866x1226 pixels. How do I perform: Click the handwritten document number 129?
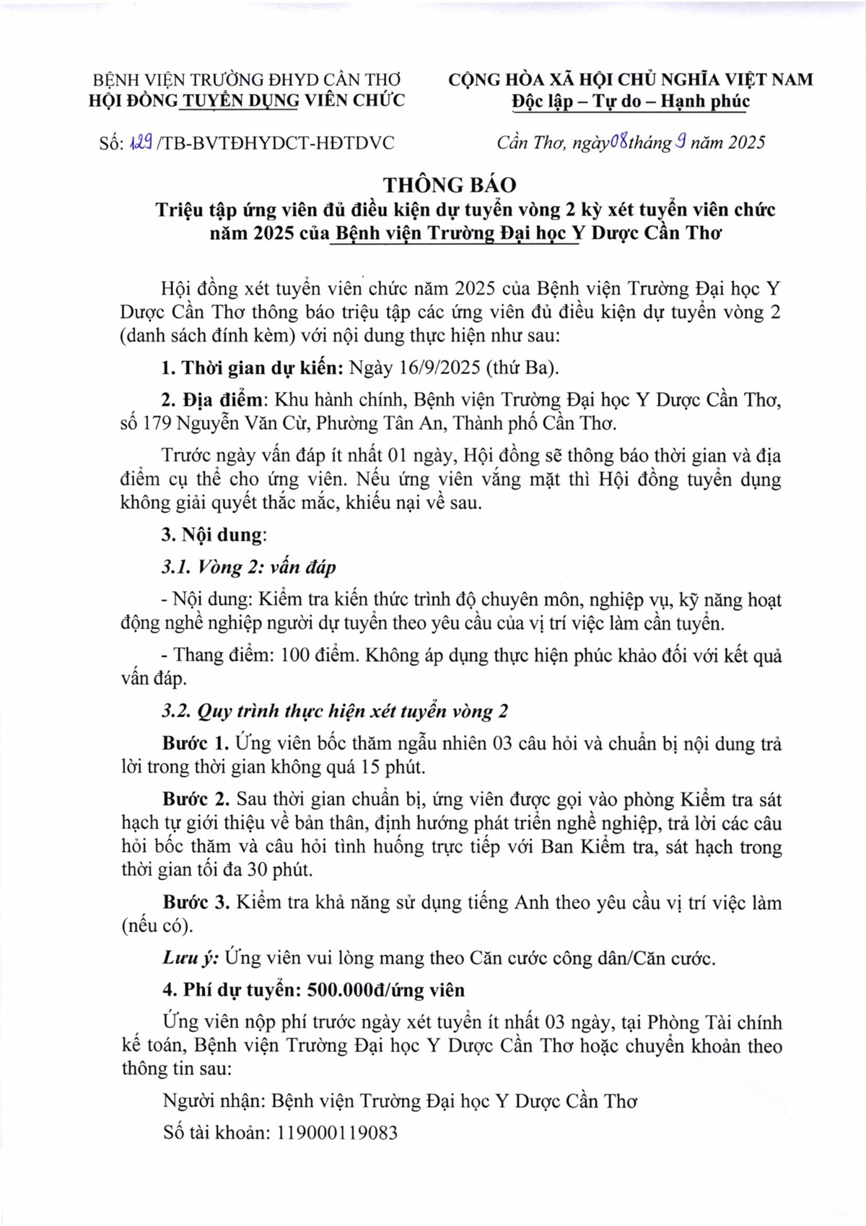pos(139,142)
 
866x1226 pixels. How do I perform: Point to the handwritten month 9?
pos(679,142)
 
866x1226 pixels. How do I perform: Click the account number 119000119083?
pos(337,1133)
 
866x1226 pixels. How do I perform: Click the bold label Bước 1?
pos(196,744)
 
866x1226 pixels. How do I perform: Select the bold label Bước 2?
pos(196,800)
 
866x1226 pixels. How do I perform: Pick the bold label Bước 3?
pos(196,903)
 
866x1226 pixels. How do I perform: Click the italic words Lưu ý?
pos(190,958)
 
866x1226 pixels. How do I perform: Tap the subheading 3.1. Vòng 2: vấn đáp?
pos(249,568)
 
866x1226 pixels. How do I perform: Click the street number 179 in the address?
pos(156,423)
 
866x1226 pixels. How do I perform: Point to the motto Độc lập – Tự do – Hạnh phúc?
pos(631,102)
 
